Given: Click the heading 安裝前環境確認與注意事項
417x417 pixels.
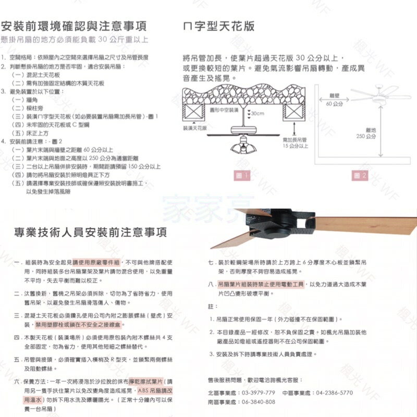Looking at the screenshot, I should click(73, 26).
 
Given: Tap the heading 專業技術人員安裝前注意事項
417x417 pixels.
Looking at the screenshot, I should click(90, 231).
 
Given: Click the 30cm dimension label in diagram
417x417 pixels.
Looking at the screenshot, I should click(257, 113).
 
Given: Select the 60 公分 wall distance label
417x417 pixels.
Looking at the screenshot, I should click(334, 105).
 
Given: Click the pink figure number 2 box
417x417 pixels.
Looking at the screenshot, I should click(363, 176).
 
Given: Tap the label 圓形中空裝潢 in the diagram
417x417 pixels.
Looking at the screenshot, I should click(224, 111).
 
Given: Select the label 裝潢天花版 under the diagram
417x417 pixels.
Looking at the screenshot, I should click(195, 128).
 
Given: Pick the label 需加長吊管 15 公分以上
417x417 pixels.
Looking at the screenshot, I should click(295, 143).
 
